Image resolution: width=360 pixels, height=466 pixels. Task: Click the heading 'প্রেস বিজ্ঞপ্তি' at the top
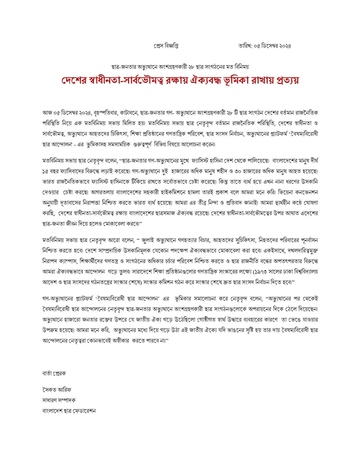pos(166,46)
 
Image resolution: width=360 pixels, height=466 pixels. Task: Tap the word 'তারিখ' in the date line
pos(244,46)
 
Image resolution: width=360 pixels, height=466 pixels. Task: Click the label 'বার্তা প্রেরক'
pos(54,373)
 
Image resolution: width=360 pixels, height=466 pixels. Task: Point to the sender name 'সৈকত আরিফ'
pos(57,390)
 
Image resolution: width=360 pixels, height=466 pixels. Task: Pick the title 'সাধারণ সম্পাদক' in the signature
pos(59,400)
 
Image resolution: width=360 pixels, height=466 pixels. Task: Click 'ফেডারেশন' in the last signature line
pos(84,411)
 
